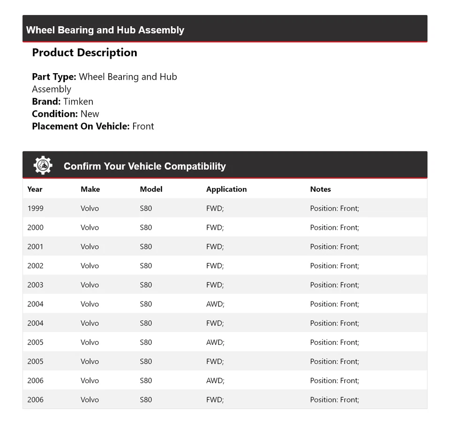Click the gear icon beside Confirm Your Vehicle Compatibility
click(43, 166)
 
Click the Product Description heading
click(84, 53)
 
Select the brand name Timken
click(78, 101)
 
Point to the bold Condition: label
click(55, 114)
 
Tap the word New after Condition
click(90, 114)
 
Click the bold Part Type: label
click(54, 76)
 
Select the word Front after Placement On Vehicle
click(143, 126)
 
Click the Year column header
click(35, 189)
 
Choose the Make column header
click(90, 189)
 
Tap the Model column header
click(151, 189)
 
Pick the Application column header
click(226, 189)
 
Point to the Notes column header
click(320, 189)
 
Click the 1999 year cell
click(35, 208)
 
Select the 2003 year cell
click(35, 285)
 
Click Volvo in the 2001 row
click(90, 247)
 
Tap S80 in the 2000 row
click(146, 227)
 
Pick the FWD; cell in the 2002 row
click(215, 265)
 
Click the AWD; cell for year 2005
click(215, 342)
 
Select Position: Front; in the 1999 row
click(334, 208)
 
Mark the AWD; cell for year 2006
click(215, 380)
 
